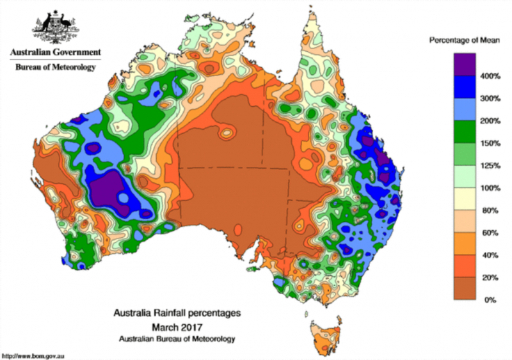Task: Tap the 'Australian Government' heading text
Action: click(54, 52)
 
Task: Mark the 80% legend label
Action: click(489, 210)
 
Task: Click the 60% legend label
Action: click(489, 233)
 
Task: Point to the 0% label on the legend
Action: click(488, 299)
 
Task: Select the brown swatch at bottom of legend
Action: click(464, 288)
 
